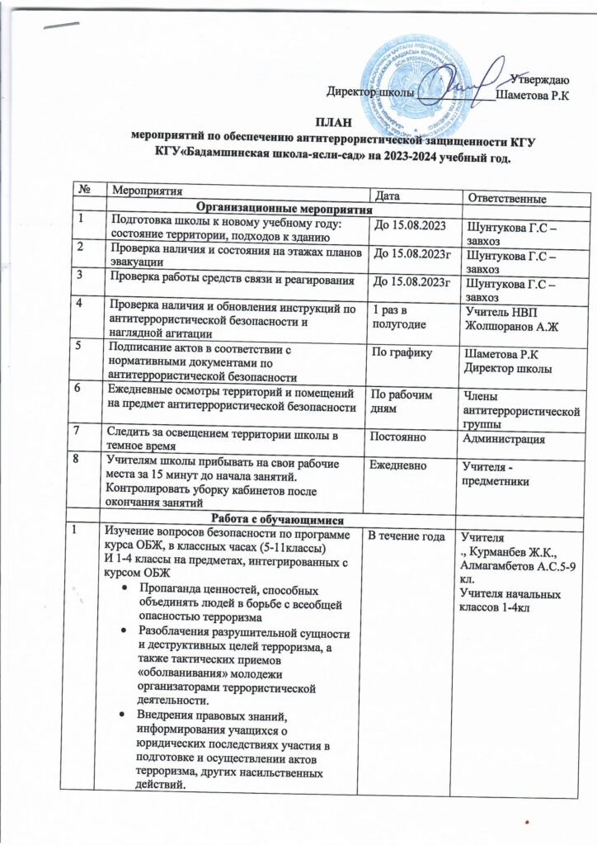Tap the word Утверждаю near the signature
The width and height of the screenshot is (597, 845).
(538, 80)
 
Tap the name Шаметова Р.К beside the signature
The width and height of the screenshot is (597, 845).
(534, 97)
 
